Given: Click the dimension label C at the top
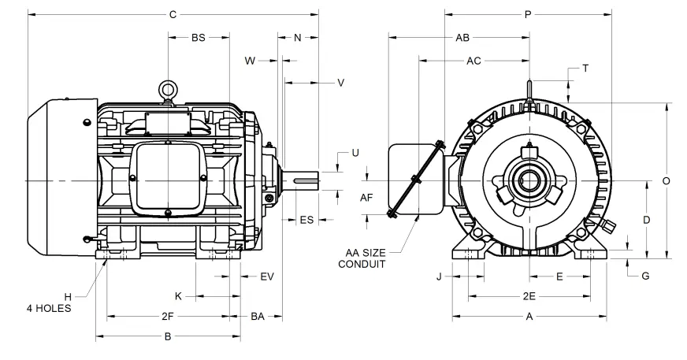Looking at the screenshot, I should point(173,13).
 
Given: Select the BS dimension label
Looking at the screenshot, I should point(198,37).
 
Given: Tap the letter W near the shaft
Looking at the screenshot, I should point(251,60).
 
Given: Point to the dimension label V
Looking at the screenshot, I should point(341,82).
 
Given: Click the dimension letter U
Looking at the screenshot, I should point(355,152).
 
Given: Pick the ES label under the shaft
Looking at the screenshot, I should point(306,220).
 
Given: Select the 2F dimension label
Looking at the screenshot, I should point(167,316).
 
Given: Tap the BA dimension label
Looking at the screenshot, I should point(258,316).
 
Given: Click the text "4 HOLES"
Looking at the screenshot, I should point(49,308).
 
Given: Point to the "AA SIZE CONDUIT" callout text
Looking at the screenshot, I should point(363,258).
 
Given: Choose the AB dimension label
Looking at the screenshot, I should point(462,37).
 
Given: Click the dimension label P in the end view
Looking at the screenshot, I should point(528,13).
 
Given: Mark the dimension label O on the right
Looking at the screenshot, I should point(666,180).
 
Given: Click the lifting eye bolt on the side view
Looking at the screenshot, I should point(167,91).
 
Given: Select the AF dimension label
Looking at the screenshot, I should point(366,197).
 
